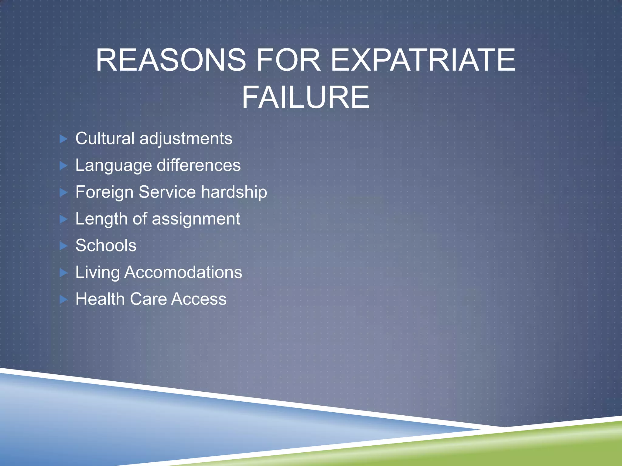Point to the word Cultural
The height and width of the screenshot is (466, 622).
tap(105, 138)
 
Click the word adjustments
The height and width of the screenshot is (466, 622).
tap(186, 139)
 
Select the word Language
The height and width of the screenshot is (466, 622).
tap(114, 166)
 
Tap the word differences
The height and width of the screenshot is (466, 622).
tap(199, 165)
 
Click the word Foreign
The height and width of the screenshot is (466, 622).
tap(104, 192)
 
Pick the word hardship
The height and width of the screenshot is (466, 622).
tap(234, 192)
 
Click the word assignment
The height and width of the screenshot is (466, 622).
tap(196, 219)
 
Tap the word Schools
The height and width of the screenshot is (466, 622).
tap(106, 245)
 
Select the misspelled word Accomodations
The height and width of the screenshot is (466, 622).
tap(183, 272)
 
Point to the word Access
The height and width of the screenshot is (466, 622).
tap(199, 299)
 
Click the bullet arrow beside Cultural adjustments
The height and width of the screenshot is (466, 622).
tap(63, 139)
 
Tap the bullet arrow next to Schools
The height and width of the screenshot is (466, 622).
tap(63, 246)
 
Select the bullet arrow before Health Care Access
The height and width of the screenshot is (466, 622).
tap(63, 299)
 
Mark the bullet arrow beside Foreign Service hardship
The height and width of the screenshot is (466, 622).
tap(63, 192)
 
